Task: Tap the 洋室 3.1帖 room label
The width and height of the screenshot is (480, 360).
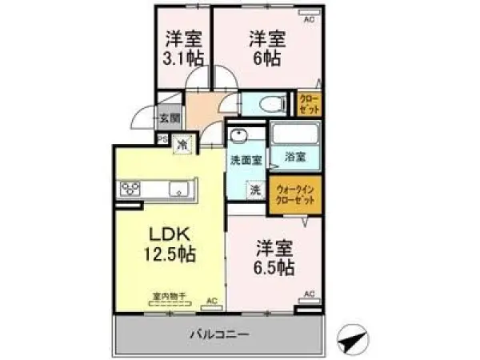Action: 184,47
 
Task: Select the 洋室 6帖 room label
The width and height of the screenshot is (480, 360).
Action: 266,47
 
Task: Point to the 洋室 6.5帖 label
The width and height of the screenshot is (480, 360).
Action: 274,256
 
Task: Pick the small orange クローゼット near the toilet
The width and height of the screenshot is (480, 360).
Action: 309,103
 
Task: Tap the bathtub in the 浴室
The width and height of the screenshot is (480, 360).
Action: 294,133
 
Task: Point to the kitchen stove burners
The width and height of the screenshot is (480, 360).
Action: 130,190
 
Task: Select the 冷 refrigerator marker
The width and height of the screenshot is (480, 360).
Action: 182,146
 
